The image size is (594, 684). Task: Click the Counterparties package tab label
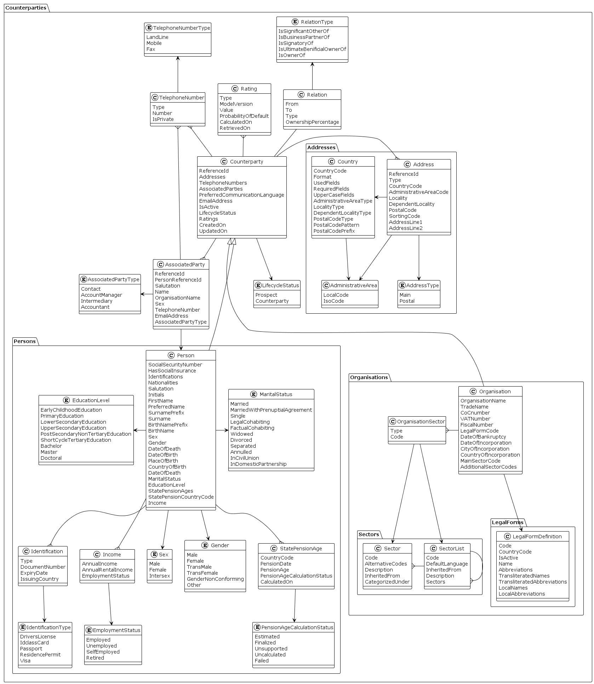26,8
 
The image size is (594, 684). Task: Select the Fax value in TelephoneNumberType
151,49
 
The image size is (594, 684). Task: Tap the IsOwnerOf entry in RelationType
292,55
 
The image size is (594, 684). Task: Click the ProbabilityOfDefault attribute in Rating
244,116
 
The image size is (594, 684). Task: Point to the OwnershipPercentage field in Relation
312,122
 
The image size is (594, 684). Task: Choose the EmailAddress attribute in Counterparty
216,201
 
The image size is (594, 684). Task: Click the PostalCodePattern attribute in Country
336,225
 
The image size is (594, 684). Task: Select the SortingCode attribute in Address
404,216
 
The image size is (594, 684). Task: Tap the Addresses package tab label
321,147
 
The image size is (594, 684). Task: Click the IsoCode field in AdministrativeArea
333,301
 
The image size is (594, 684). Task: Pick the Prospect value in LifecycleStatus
266,295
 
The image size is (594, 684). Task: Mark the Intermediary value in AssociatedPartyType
96,301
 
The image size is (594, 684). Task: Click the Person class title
185,355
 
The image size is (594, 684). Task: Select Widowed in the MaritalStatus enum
241,434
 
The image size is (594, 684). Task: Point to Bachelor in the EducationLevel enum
51,446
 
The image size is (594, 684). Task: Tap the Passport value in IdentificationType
31,649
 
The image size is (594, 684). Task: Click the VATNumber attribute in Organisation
475,419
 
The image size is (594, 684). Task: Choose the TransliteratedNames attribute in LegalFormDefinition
524,576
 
